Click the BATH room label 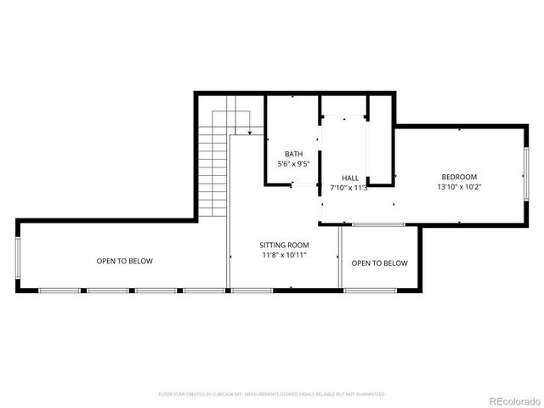click(x=293, y=154)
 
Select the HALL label click(x=349, y=178)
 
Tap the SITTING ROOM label click(x=284, y=245)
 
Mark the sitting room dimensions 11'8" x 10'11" click(x=284, y=254)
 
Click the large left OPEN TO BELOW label click(x=124, y=261)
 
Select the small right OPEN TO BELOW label click(x=379, y=263)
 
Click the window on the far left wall click(x=17, y=256)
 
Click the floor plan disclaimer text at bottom click(x=272, y=394)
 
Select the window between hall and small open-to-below click(x=379, y=225)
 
